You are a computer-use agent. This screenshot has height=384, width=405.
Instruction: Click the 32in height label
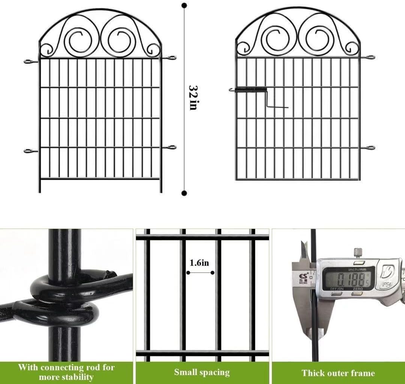193,98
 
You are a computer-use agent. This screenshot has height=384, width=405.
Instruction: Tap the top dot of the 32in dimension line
184,6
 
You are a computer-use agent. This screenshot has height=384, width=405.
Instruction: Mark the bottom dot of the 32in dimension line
184,193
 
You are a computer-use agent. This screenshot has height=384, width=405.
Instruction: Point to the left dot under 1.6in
188,272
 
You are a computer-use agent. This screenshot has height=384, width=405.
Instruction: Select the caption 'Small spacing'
202,372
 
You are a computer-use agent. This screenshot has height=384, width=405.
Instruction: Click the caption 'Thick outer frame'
338,373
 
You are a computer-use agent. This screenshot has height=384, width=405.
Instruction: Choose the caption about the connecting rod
66,372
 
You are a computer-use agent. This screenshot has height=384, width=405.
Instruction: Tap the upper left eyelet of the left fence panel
29,61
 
